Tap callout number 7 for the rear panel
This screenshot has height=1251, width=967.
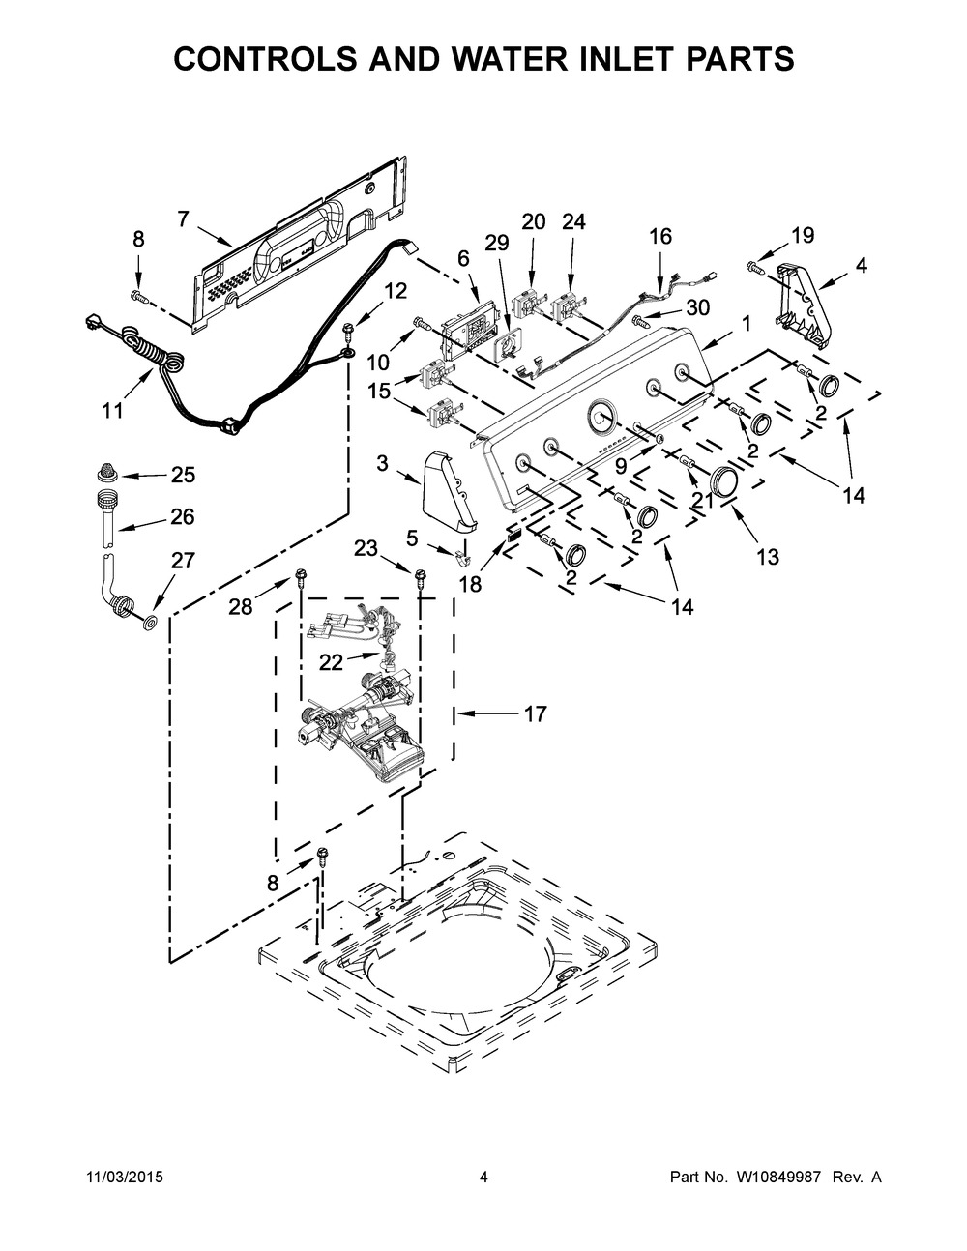tap(183, 219)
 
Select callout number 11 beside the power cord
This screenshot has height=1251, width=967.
tap(113, 411)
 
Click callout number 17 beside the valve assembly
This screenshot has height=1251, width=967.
tap(535, 713)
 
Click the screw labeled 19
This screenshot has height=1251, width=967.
tap(754, 266)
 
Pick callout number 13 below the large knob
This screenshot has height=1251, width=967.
tap(768, 556)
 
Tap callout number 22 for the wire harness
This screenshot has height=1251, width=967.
tap(331, 663)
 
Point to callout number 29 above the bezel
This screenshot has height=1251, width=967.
tap(497, 244)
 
